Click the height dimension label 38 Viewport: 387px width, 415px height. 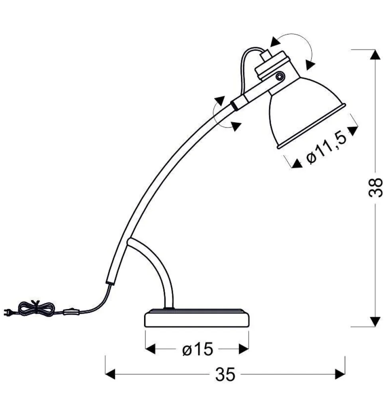[x=375, y=188]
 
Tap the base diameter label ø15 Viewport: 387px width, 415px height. [x=197, y=349]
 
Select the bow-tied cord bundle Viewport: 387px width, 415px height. [x=36, y=309]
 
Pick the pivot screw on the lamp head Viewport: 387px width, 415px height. [x=279, y=77]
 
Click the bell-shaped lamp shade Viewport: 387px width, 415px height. [x=306, y=111]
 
